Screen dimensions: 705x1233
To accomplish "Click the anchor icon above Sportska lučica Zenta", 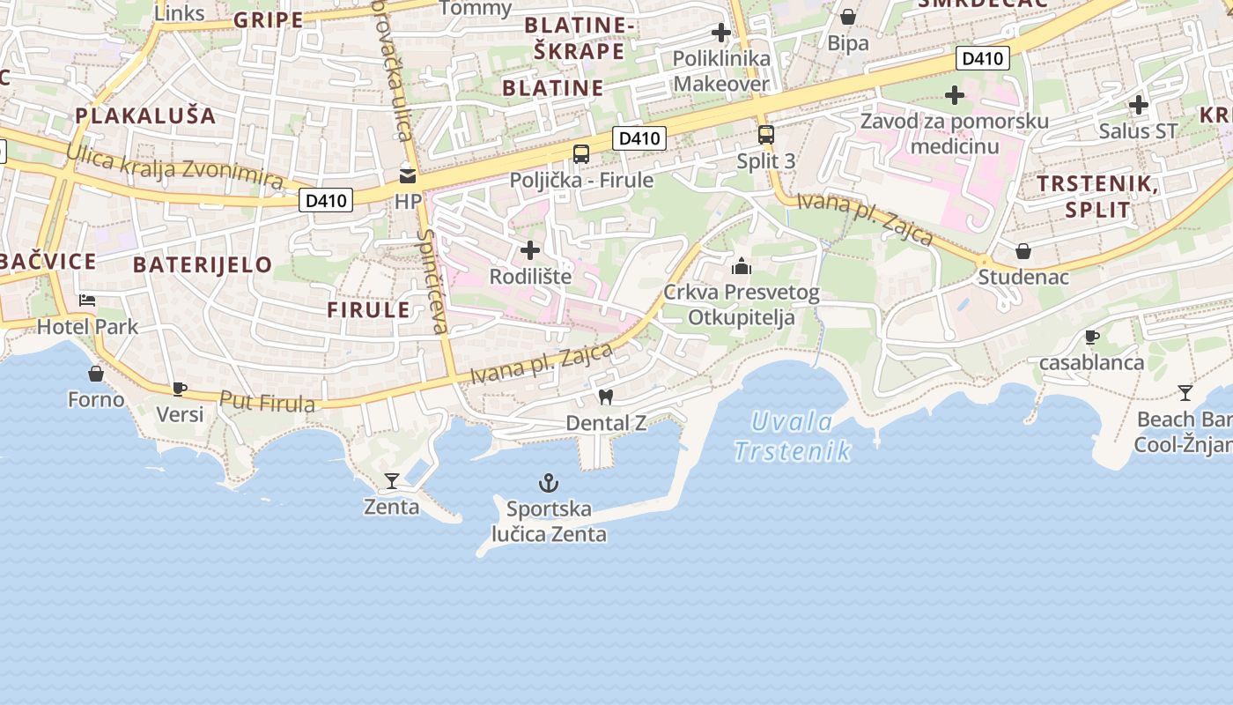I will (549, 483).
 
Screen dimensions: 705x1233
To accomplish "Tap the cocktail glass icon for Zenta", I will (392, 481).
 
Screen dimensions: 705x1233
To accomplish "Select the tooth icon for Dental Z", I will (605, 397).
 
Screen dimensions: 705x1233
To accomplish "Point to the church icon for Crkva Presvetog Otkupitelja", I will (742, 265).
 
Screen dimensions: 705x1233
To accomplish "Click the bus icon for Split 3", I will (766, 135).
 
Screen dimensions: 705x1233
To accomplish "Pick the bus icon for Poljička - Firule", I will (581, 154).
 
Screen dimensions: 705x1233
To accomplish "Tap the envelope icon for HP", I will (408, 175).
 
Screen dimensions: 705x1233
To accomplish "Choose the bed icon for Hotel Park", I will (87, 301).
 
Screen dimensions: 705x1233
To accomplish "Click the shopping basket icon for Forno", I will (96, 374).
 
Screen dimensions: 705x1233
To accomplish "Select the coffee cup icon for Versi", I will (180, 388).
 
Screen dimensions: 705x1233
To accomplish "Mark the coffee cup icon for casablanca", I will (1091, 337).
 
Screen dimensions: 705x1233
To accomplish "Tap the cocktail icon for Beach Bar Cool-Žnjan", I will (1185, 392).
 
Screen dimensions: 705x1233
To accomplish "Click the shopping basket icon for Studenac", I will (1023, 251).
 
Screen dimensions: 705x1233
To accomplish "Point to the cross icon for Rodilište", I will (530, 250).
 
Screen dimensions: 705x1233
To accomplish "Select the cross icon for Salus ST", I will (1138, 105).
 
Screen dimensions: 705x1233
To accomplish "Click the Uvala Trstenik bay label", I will (793, 436).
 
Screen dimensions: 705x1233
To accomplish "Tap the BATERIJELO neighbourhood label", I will (203, 264).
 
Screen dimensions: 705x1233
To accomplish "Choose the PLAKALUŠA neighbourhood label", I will (145, 115).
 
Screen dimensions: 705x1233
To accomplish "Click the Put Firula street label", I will (267, 402).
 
